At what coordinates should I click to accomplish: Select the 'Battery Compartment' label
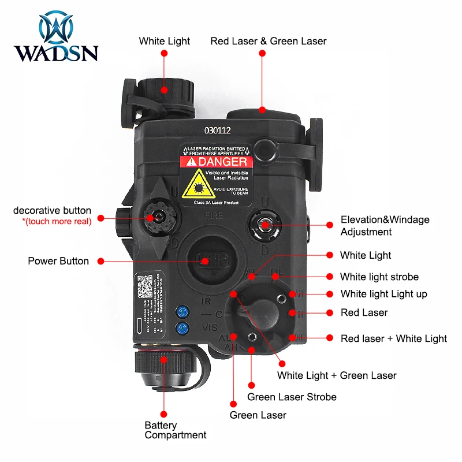point(175,430)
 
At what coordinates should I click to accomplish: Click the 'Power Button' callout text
point(58,261)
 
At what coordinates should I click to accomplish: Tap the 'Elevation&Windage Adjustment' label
point(385,226)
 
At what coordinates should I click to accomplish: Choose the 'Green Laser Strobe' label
point(292,397)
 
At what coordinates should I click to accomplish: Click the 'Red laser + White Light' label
point(393,338)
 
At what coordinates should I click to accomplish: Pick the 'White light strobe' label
point(379,277)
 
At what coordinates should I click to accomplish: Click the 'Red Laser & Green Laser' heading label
point(268,41)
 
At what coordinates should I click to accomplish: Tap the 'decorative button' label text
point(52,210)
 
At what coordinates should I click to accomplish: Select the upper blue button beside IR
point(183,312)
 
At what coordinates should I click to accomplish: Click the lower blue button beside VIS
point(183,329)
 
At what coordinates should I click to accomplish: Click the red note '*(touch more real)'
point(53,221)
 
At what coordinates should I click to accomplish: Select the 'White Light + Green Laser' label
point(337,375)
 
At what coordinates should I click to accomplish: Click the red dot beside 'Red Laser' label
point(329,312)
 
